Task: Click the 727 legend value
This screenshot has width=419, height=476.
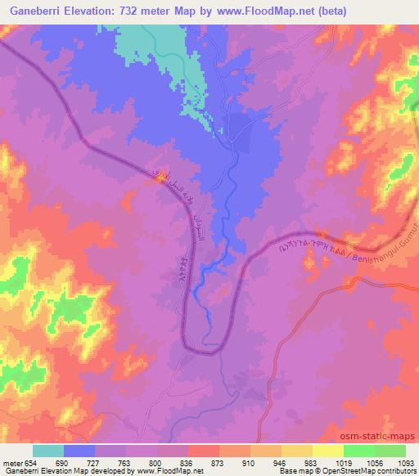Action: pos(95,463)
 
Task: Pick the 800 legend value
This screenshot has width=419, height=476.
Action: pos(156,463)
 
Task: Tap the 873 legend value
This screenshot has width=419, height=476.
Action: pos(219,463)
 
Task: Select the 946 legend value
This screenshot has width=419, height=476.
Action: pos(281,463)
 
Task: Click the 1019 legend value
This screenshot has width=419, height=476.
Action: pos(342,463)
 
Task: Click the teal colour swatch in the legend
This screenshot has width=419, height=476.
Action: pos(48,451)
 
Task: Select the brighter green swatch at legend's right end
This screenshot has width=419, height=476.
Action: pos(390,451)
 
